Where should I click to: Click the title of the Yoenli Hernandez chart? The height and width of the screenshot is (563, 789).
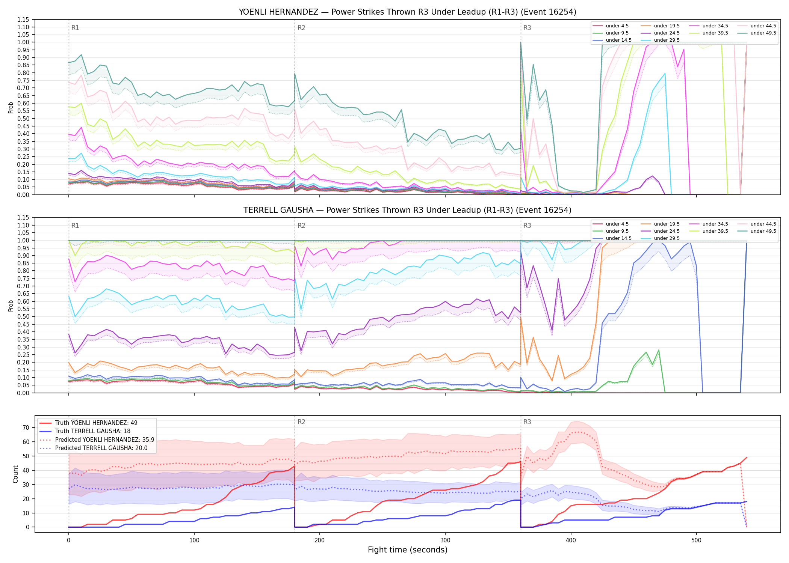point(407,12)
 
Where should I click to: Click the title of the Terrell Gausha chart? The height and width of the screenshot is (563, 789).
point(407,210)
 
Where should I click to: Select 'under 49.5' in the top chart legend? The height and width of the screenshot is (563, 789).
point(763,33)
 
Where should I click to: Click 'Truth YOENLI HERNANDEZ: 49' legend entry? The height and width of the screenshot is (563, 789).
point(96,423)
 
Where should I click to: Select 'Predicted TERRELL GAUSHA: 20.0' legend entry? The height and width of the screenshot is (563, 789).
point(101,448)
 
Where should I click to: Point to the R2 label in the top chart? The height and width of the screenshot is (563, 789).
point(301,28)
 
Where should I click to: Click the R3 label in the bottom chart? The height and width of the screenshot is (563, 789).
point(527,422)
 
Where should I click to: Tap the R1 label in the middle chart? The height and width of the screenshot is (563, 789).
point(75,226)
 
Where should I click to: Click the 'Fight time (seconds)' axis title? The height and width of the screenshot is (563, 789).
point(408,550)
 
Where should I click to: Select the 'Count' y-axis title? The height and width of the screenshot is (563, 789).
point(15,474)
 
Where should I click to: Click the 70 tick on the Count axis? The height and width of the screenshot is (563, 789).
point(26,428)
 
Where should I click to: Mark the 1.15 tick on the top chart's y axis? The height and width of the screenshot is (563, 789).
point(23,20)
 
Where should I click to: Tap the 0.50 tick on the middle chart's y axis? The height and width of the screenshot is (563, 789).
point(23,316)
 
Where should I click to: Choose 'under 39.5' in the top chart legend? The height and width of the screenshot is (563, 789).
point(715,33)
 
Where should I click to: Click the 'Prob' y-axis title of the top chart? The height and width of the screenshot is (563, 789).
point(11,107)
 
